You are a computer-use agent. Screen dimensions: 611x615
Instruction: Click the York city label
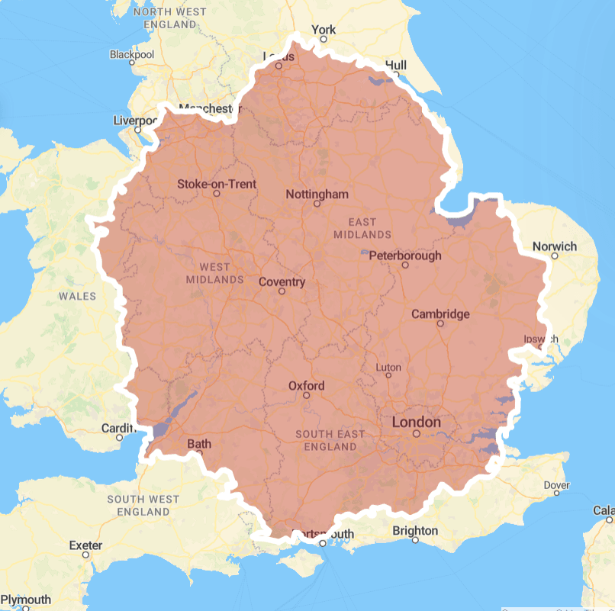coord(324,31)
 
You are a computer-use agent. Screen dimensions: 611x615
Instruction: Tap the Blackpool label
coord(131,55)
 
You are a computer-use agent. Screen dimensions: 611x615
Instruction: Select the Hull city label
coord(397,65)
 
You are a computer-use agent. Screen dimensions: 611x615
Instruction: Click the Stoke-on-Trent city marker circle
coord(216,194)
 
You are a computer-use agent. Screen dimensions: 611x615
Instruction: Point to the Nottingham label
coord(317,195)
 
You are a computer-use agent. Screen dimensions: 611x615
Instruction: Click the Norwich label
coord(555,246)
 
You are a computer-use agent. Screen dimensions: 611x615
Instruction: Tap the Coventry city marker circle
coord(282,291)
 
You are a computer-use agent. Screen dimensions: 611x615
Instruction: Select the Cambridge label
coord(440,314)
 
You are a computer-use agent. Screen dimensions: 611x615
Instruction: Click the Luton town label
coord(388,367)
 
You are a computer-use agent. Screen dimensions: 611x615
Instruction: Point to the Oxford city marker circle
coord(307,396)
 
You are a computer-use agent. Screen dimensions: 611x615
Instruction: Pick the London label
coord(416,423)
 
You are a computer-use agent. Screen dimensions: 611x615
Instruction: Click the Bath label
coord(199,444)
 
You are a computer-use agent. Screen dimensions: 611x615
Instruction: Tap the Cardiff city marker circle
coord(120,437)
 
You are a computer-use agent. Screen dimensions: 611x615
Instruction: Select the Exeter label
coord(85,545)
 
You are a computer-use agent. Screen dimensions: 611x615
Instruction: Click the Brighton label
coord(415,531)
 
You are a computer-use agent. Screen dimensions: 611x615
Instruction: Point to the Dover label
coord(556,485)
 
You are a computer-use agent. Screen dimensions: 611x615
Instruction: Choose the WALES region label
coord(79,296)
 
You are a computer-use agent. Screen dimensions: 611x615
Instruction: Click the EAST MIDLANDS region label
coord(363,227)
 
